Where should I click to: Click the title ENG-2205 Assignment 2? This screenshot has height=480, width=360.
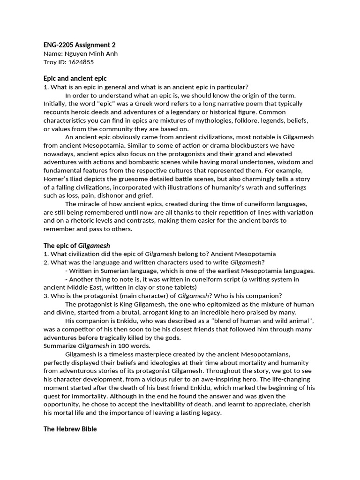79,45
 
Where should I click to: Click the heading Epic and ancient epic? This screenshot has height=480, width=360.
75,78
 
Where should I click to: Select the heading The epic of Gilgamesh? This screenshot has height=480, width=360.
76,246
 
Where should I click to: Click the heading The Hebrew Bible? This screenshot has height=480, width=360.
70,428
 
